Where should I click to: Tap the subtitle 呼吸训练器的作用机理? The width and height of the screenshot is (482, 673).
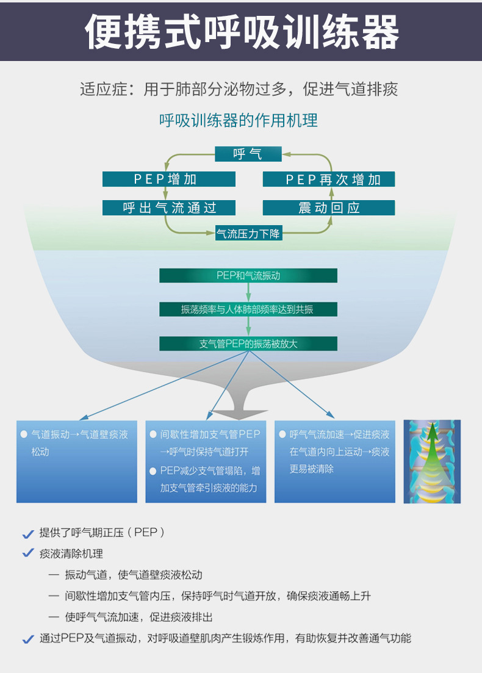(239, 120)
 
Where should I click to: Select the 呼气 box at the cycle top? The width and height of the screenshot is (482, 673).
(248, 154)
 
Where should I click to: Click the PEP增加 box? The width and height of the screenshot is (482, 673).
(168, 179)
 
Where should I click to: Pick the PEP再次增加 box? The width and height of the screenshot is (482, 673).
(329, 179)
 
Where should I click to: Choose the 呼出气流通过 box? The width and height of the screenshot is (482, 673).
(168, 207)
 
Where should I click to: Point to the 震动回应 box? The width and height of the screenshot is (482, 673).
(329, 207)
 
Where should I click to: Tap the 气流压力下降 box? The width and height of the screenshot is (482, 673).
(249, 233)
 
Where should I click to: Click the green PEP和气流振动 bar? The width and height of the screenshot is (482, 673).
(248, 275)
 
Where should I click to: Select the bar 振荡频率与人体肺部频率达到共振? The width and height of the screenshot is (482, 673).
(248, 309)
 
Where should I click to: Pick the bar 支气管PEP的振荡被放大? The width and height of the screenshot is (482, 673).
(248, 344)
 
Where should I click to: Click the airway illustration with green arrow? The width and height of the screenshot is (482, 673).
(432, 461)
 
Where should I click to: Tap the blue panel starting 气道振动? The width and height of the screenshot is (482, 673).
(77, 461)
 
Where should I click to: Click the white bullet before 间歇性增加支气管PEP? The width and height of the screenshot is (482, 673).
(153, 434)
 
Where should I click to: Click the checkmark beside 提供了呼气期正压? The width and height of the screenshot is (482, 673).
(27, 534)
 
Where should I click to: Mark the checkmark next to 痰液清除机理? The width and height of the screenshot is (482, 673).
(27, 553)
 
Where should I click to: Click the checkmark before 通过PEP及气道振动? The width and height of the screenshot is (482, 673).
(27, 639)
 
